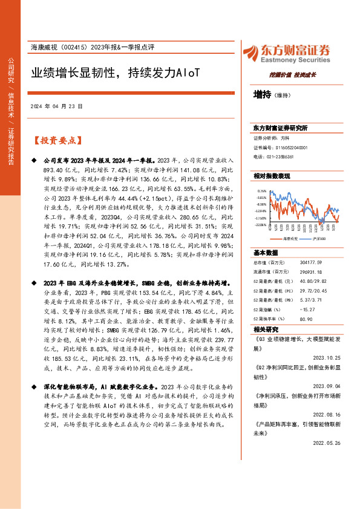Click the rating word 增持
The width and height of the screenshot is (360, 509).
[x=262, y=94]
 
